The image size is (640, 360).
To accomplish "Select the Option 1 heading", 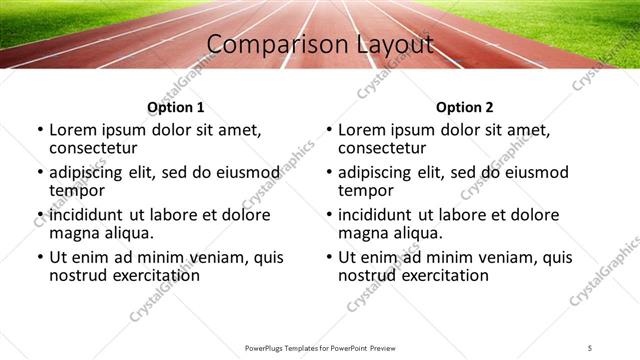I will (175, 107).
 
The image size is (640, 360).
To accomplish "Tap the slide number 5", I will (591, 348).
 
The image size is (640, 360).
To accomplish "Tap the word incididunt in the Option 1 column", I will (88, 215).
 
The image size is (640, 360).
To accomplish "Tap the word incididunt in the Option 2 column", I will (377, 215).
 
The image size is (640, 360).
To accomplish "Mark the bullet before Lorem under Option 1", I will (40, 130).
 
